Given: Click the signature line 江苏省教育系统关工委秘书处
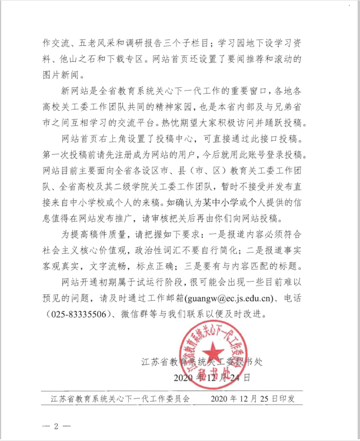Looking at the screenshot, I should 199,359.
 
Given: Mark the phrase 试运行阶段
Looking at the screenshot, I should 188,284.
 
